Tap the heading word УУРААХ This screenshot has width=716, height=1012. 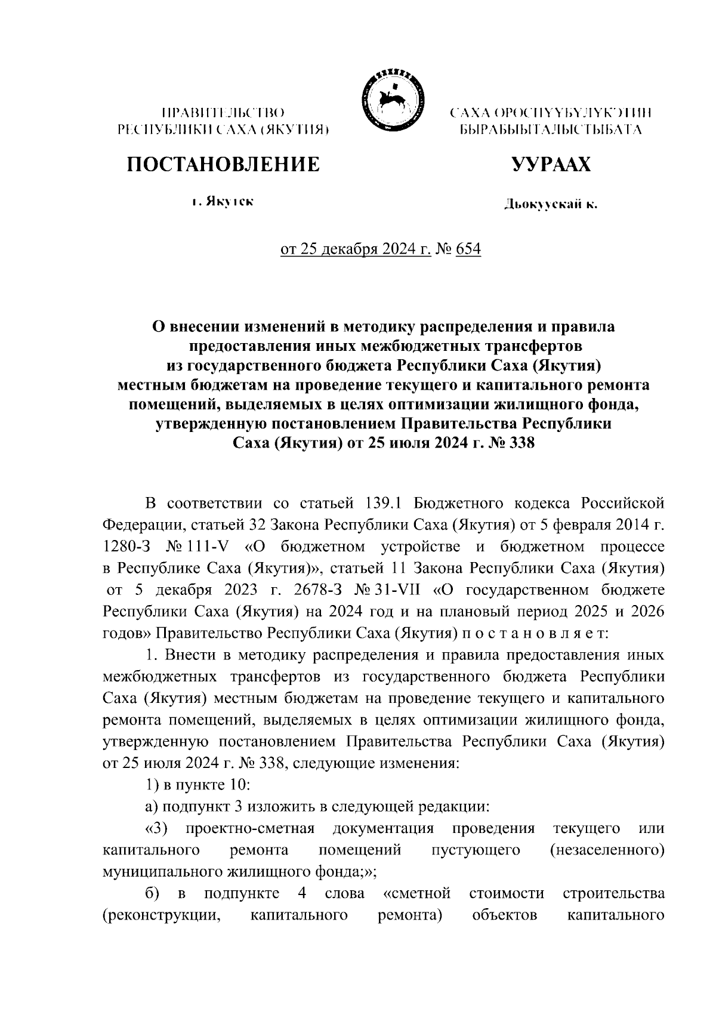click(x=552, y=164)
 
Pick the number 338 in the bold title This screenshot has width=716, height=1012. click(x=520, y=443)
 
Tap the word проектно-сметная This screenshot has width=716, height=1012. click(x=250, y=829)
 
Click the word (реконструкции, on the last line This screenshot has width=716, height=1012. click(x=158, y=914)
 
